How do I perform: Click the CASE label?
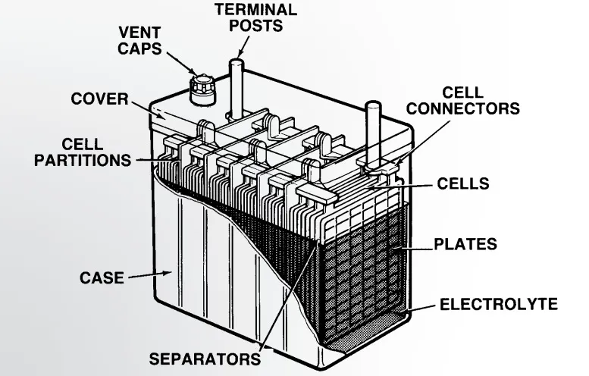[102, 277]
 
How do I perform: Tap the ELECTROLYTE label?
[499, 305]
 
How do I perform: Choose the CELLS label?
[463, 184]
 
